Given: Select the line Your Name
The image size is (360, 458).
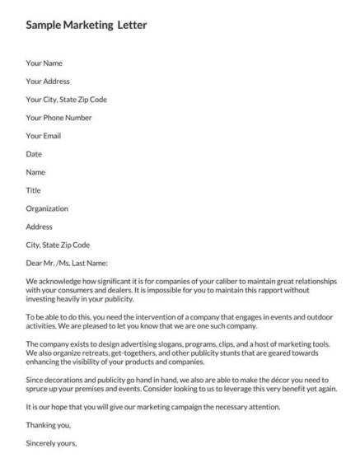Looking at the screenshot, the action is pos(44,63).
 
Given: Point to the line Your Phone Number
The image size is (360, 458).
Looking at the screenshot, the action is pos(58,117).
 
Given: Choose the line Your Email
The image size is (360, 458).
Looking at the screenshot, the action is pos(44,135).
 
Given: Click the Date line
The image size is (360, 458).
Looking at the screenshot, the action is pos(35,153).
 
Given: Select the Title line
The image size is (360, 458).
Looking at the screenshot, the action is pos(35,189).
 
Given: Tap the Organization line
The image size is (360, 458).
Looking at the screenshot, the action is pos(48,208).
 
